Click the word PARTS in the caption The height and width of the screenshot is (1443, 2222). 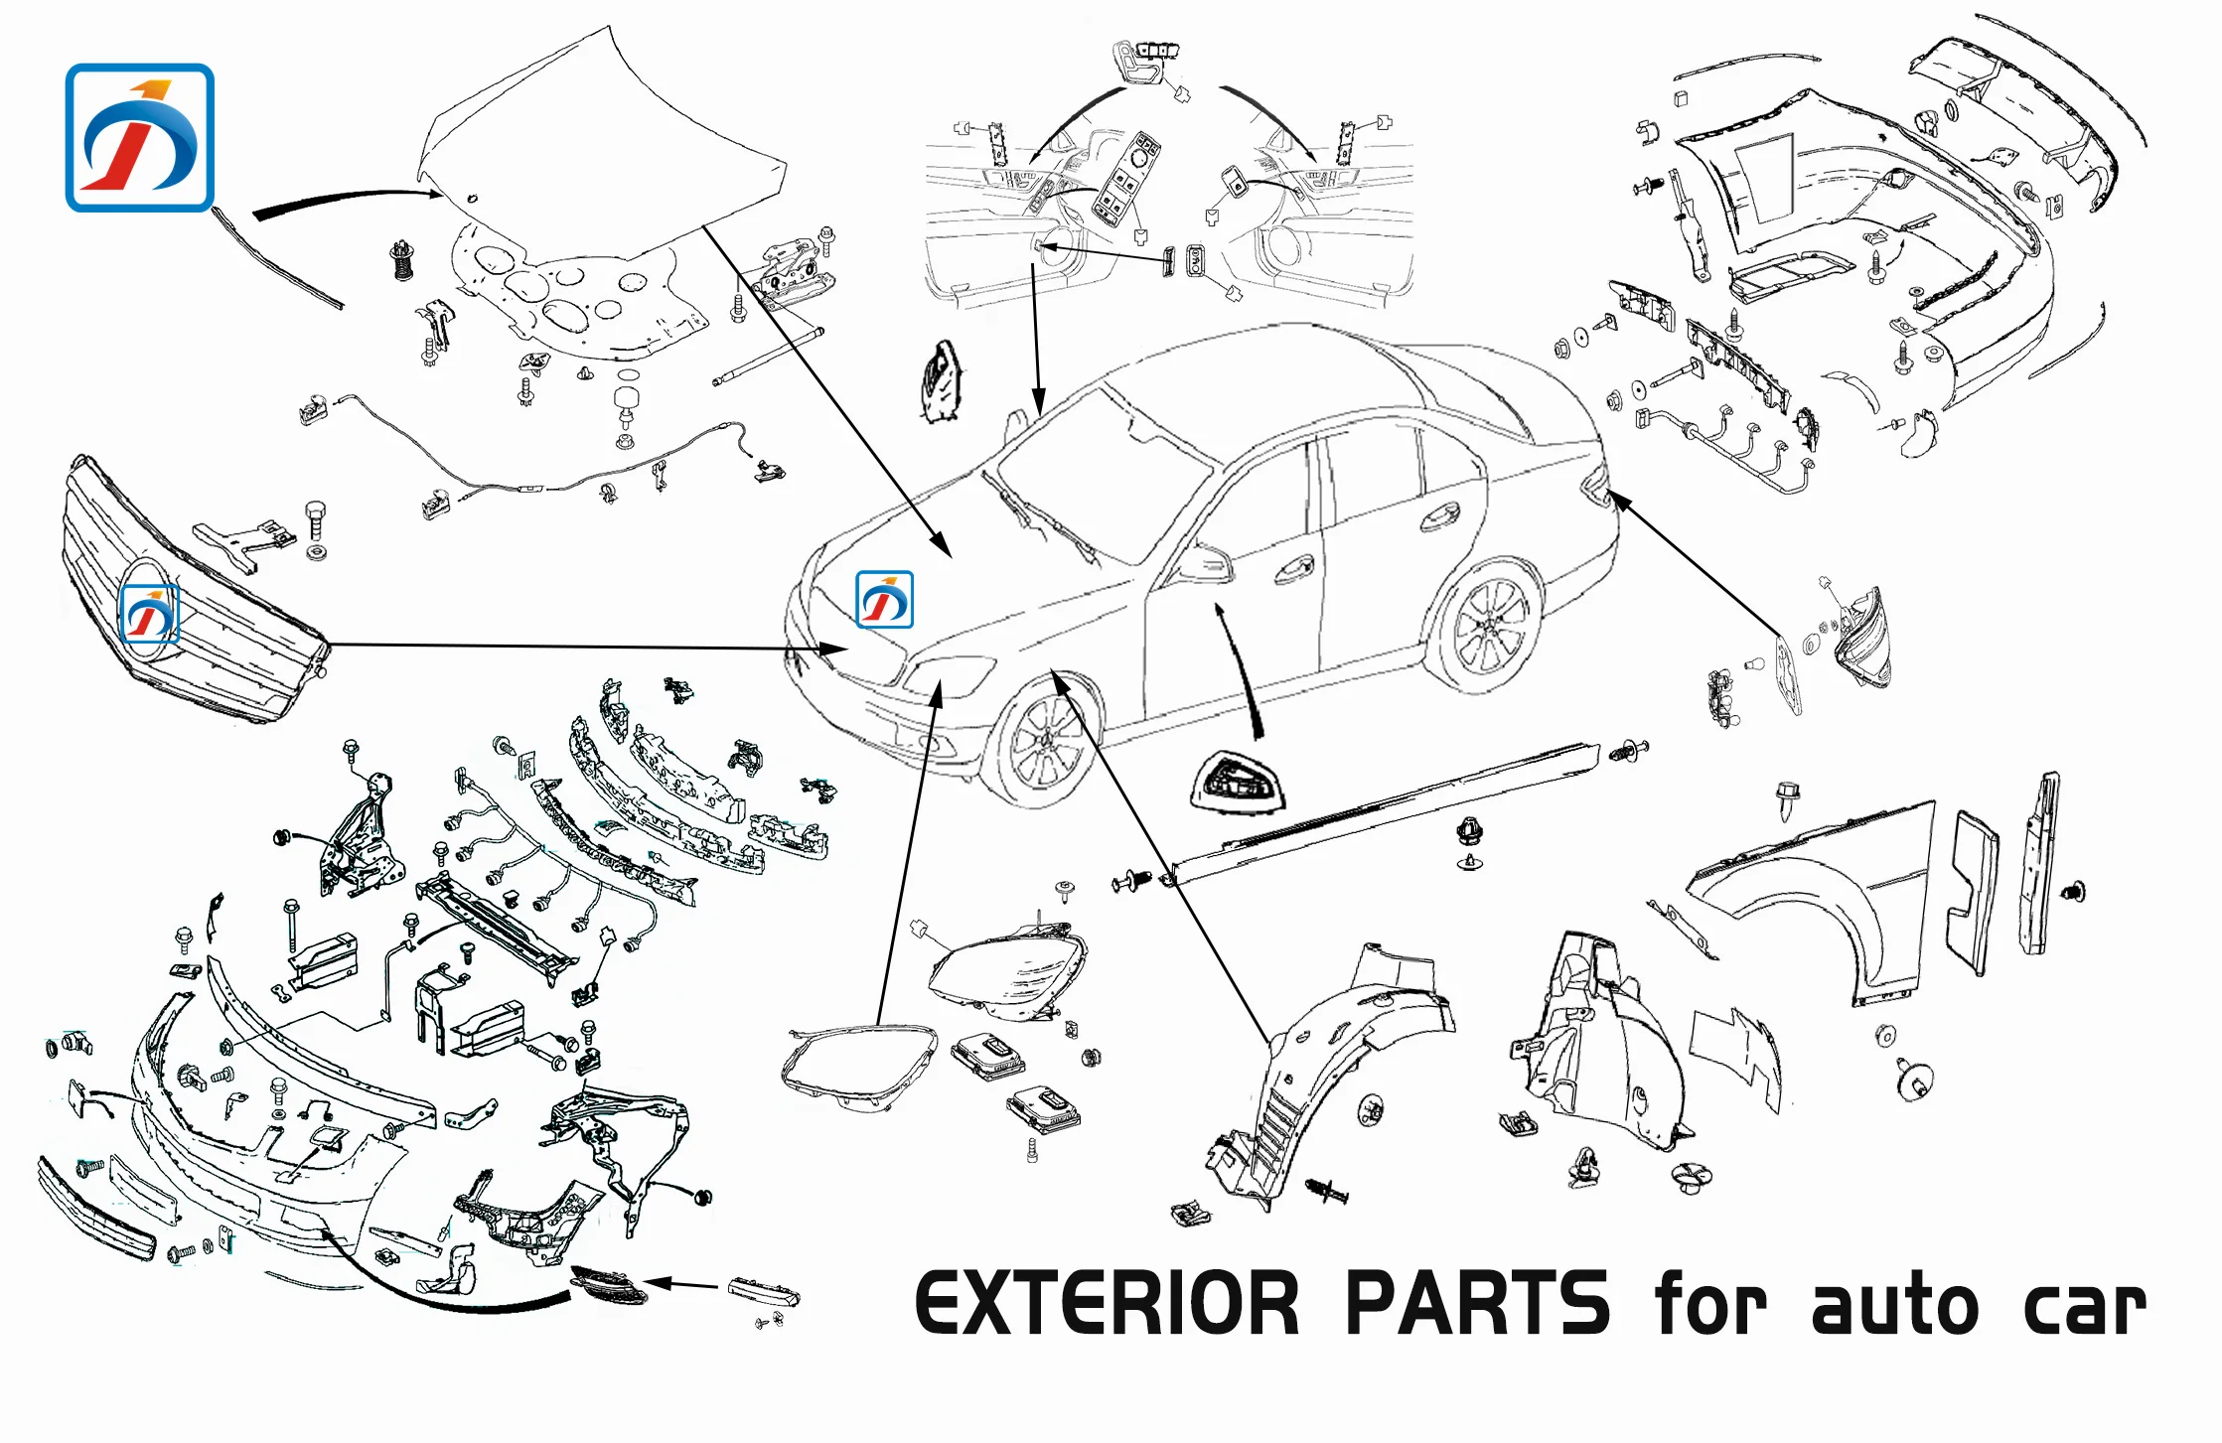pyautogui.click(x=1477, y=1303)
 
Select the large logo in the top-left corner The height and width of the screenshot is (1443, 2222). pyautogui.click(x=140, y=138)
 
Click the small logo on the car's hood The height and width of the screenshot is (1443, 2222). pyautogui.click(x=884, y=600)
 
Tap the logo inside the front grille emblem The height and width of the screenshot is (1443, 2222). pyautogui.click(x=149, y=614)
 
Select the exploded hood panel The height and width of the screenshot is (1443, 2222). pyautogui.click(x=596, y=149)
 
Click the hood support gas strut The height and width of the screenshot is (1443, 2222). pyautogui.click(x=767, y=356)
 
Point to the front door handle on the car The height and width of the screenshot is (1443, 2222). pyautogui.click(x=1294, y=570)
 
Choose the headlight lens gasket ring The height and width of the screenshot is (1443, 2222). pyautogui.click(x=858, y=1068)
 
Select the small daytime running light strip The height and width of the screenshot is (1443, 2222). pyautogui.click(x=763, y=1291)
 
